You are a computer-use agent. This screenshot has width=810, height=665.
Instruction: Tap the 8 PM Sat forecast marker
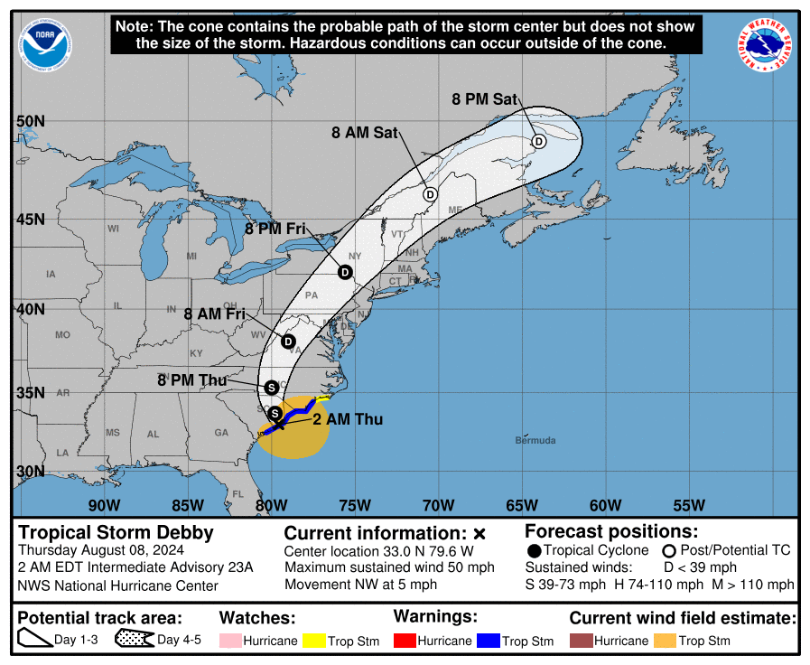point(538,141)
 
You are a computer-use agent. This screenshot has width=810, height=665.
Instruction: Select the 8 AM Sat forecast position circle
point(431,194)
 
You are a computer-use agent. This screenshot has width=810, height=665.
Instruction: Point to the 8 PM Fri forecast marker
point(345,272)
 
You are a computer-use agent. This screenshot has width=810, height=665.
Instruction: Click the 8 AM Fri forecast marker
point(289,342)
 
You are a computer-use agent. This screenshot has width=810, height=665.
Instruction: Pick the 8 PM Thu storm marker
point(272,388)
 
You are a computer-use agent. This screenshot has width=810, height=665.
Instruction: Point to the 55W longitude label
point(688,505)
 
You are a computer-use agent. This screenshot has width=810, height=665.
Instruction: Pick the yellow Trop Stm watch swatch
point(314,641)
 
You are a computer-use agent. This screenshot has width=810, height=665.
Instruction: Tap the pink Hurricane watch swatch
point(232,641)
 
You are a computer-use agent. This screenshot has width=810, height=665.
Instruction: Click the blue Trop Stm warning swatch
point(488,641)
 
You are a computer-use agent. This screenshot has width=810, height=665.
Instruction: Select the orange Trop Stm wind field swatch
point(664,641)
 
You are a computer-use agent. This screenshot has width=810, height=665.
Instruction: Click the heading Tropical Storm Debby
point(116,532)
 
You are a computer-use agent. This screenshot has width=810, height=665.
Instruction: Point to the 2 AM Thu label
point(348,419)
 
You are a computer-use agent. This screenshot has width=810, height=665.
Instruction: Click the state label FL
point(238,494)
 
